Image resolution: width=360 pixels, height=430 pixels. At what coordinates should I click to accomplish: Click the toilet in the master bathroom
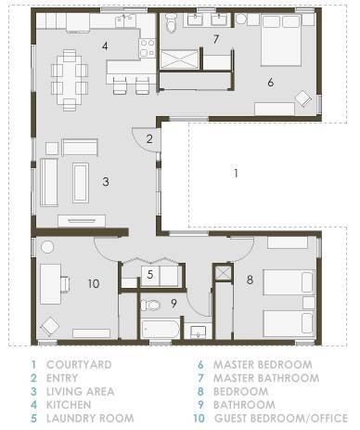point(171,22)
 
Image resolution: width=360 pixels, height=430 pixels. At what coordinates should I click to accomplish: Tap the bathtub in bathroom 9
point(161,329)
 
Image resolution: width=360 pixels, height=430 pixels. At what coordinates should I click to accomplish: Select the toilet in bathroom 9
point(150,306)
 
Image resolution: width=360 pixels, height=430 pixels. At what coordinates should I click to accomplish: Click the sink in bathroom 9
point(198,332)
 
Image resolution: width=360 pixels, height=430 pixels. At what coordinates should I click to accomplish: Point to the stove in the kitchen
point(148,47)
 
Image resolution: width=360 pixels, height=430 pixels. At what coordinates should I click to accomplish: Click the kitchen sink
point(125,21)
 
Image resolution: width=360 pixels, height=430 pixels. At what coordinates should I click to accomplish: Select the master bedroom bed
point(281,40)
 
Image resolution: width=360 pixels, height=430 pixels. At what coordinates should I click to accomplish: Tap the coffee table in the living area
point(81,183)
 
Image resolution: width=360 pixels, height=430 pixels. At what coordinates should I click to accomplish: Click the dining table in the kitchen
point(70,80)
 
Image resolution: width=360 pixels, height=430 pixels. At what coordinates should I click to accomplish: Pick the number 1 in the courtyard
point(236,173)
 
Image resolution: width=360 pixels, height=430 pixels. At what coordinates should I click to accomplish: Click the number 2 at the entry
point(149,139)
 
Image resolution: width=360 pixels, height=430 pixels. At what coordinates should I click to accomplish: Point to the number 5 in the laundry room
point(150,274)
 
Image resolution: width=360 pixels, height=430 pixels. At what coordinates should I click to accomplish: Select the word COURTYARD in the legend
point(79,364)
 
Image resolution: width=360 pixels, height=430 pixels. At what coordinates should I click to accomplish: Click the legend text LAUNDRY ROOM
point(90,418)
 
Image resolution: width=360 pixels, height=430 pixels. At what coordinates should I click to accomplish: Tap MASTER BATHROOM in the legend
point(266,378)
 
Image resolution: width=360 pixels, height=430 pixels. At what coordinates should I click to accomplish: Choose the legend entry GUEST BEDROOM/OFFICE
point(281,418)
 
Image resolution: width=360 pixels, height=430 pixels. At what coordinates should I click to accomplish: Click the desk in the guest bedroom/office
point(50,284)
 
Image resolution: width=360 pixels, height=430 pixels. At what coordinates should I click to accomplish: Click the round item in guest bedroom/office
point(47,247)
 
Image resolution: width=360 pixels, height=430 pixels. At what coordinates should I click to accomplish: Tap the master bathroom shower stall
point(179,59)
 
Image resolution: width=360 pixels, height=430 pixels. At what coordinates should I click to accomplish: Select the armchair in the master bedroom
point(303,98)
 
